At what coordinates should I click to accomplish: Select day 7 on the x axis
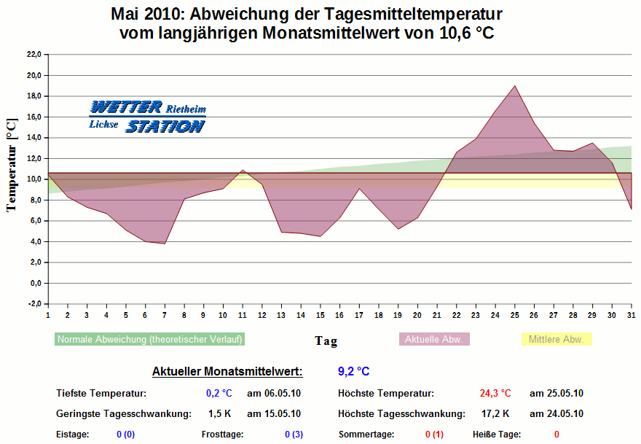(x=165, y=316)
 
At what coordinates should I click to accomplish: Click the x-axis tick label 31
(x=631, y=316)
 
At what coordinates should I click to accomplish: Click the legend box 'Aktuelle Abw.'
(x=434, y=339)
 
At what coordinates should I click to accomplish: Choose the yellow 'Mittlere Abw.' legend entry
(x=557, y=339)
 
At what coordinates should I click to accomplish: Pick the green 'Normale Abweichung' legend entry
(x=150, y=339)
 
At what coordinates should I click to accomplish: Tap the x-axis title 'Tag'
(x=326, y=340)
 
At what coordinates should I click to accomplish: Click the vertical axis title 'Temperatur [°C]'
(x=11, y=164)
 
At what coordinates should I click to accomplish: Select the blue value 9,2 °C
(x=354, y=371)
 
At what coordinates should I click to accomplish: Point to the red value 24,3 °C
(x=495, y=393)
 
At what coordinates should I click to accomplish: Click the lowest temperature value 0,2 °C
(x=219, y=393)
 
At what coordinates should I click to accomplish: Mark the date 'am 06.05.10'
(x=274, y=393)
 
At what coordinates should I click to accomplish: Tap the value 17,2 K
(x=496, y=413)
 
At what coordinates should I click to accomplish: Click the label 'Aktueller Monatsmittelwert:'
(x=227, y=372)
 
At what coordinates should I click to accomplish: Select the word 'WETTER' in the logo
(x=126, y=107)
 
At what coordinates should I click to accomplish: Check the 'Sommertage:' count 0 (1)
(x=434, y=435)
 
